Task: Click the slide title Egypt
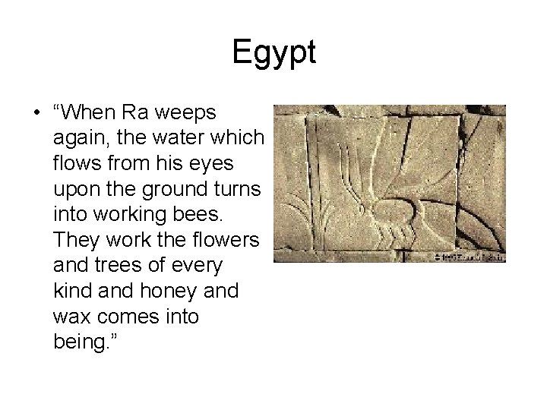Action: coord(273,53)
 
